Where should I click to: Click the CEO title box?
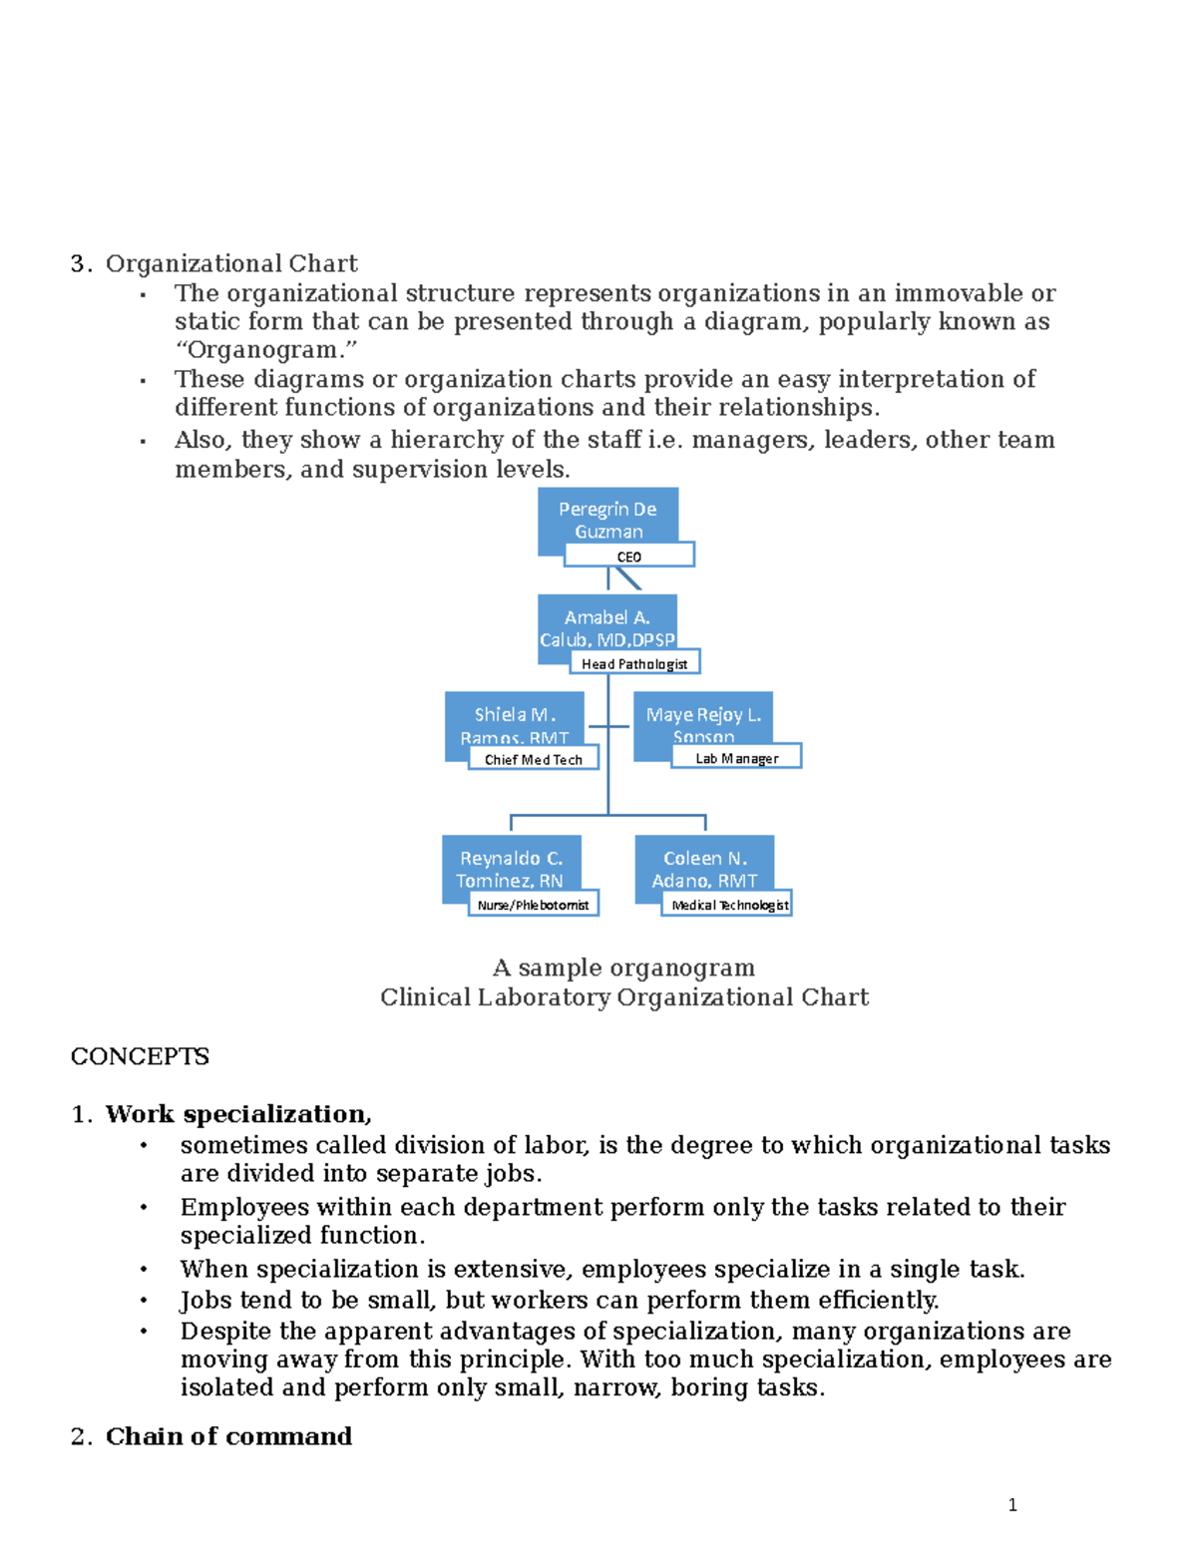pos(628,556)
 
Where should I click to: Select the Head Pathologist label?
pos(634,663)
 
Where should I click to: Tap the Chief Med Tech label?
pos(534,759)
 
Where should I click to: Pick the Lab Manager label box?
pos(736,758)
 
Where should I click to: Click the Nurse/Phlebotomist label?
pos(533,905)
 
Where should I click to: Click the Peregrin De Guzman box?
pos(607,515)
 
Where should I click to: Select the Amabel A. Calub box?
pos(606,623)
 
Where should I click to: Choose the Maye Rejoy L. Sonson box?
pos(703,717)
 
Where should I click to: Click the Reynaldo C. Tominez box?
pos(511,863)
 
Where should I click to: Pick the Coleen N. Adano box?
pos(704,863)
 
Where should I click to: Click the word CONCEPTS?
pos(140,1056)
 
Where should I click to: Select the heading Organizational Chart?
pos(231,263)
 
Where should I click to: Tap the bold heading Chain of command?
pos(228,1436)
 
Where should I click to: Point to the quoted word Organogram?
pos(265,350)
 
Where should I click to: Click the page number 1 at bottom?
pos(1012,1505)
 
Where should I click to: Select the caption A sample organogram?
pos(623,968)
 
